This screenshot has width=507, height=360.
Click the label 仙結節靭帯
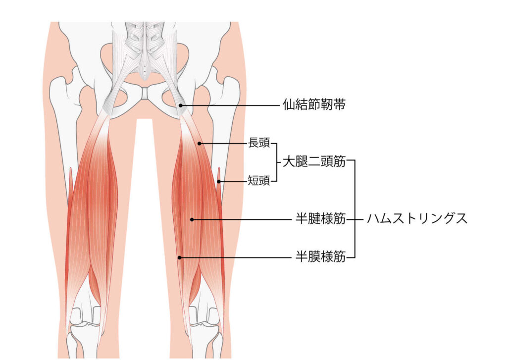tap(314, 105)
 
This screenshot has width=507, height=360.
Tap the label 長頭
tap(258, 143)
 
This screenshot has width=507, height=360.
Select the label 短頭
tap(258, 180)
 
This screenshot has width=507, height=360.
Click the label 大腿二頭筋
tap(314, 161)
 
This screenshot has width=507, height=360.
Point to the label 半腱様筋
tap(320, 219)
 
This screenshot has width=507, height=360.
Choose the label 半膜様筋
tap(320, 257)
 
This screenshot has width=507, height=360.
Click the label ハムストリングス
tap(417, 219)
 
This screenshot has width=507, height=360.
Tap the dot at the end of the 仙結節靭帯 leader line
tap(181, 105)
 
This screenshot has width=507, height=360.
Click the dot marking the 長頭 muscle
tap(200, 144)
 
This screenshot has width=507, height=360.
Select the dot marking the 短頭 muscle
tap(219, 181)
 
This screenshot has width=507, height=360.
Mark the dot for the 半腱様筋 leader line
tap(192, 220)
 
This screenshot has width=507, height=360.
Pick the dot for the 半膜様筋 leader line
tap(180, 258)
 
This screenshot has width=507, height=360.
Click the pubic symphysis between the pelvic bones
tap(145, 93)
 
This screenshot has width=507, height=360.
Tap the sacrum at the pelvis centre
tap(145, 52)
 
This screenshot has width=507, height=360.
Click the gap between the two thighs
tap(144, 226)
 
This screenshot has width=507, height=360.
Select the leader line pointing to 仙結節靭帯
tap(230, 105)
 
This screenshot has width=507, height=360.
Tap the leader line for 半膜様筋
tap(236, 258)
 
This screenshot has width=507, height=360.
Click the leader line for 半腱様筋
tap(242, 220)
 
